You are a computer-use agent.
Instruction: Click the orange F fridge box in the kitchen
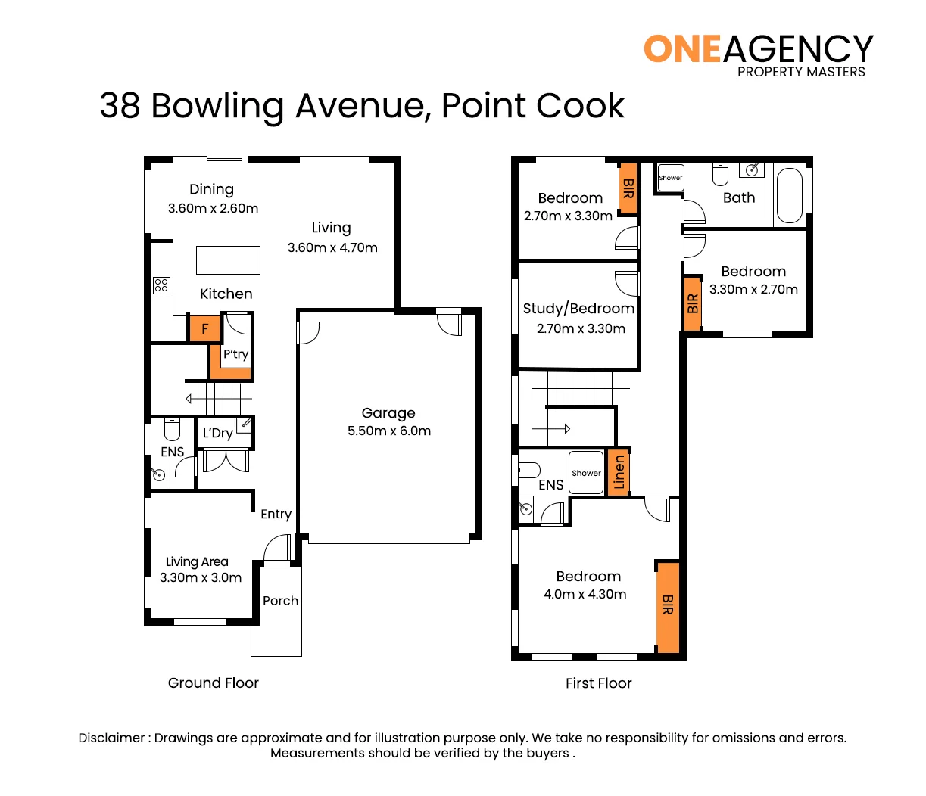click(204, 329)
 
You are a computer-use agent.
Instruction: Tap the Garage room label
click(388, 413)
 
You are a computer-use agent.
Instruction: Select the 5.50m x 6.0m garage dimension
click(389, 431)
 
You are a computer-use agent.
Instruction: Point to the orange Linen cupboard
click(619, 472)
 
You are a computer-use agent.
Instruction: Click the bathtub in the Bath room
click(789, 195)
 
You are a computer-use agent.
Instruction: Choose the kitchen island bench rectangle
click(228, 260)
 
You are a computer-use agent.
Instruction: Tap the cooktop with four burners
click(161, 285)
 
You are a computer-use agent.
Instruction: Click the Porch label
click(280, 601)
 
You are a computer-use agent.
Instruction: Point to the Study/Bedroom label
click(578, 309)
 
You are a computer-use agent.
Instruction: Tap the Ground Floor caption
click(214, 683)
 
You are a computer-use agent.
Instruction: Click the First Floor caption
click(598, 683)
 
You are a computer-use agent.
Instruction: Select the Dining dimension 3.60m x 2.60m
click(213, 209)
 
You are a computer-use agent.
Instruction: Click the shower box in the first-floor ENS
click(586, 473)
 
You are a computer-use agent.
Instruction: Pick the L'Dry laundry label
click(217, 434)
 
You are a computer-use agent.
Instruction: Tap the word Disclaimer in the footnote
click(111, 738)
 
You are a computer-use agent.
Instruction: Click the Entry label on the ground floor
click(276, 515)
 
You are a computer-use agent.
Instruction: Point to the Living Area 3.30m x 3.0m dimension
click(201, 578)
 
